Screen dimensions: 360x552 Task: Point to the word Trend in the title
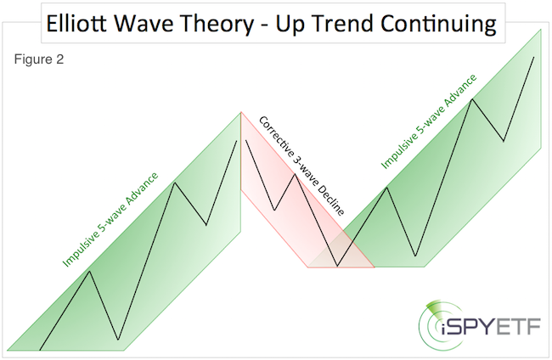[x=341, y=23]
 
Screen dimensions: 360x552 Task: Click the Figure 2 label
[x=38, y=60]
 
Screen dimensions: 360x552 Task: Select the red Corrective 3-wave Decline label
[x=301, y=166]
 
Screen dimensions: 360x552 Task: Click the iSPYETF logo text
[x=489, y=325]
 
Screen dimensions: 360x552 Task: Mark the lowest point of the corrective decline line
[x=338, y=267]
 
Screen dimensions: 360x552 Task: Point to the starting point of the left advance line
[x=40, y=348]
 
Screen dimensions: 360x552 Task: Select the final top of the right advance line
[x=533, y=57]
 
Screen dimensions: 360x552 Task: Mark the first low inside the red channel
[x=274, y=209]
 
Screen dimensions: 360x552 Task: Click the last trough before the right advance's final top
[x=504, y=141]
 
